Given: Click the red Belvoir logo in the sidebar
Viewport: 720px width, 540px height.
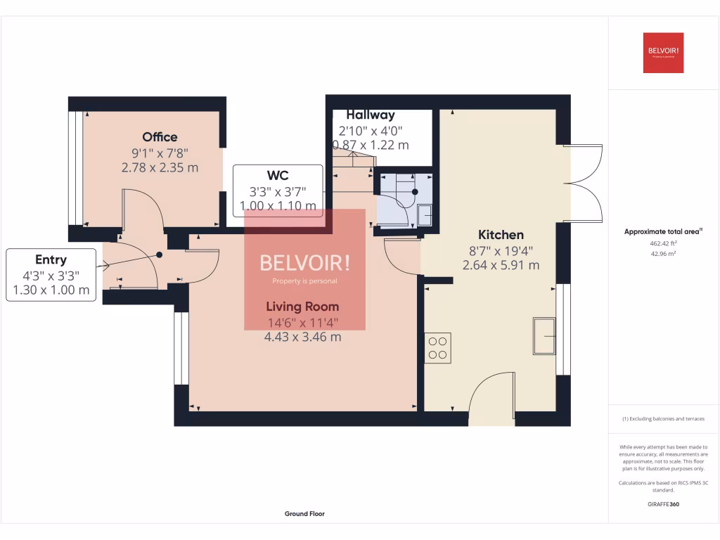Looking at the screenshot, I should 663,53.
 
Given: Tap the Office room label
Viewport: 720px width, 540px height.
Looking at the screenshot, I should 160,137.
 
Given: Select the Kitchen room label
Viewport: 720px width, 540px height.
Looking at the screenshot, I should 501,235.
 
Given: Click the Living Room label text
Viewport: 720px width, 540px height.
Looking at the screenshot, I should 302,307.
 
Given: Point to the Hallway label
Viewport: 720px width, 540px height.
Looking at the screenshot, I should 371,115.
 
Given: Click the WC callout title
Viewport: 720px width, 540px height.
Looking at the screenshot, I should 278,176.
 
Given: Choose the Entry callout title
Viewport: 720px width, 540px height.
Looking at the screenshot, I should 51,260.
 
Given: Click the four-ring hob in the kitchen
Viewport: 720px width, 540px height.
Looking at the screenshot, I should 437,348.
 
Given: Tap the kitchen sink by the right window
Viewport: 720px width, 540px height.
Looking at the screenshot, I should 544,336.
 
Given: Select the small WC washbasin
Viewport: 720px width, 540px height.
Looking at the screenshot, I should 425,215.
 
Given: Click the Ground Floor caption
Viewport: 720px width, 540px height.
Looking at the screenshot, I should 304,514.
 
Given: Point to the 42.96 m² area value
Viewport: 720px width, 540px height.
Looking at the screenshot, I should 663,254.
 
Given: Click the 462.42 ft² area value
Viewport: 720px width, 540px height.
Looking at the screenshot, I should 663,243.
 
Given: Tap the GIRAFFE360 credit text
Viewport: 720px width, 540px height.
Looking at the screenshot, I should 663,504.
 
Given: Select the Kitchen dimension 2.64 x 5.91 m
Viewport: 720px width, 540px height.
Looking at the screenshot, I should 501,265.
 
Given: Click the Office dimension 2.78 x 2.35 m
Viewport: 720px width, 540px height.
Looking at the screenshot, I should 160,167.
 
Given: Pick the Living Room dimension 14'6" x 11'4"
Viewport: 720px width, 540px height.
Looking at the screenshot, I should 302,323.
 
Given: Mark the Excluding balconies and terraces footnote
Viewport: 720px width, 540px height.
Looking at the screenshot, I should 663,419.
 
